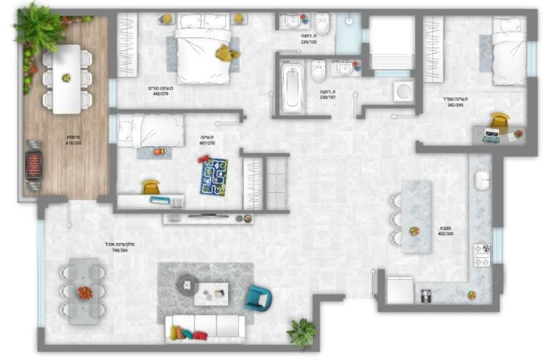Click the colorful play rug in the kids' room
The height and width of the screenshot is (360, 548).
point(214,176)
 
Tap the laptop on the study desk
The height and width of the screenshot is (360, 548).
point(492,135)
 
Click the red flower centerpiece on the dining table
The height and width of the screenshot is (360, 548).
point(84,291)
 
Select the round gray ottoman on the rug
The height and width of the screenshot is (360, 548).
point(187,284)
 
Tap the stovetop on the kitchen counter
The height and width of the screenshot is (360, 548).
point(481,254)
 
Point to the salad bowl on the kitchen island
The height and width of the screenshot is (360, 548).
point(414,231)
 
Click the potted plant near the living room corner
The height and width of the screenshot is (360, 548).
point(302,331)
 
